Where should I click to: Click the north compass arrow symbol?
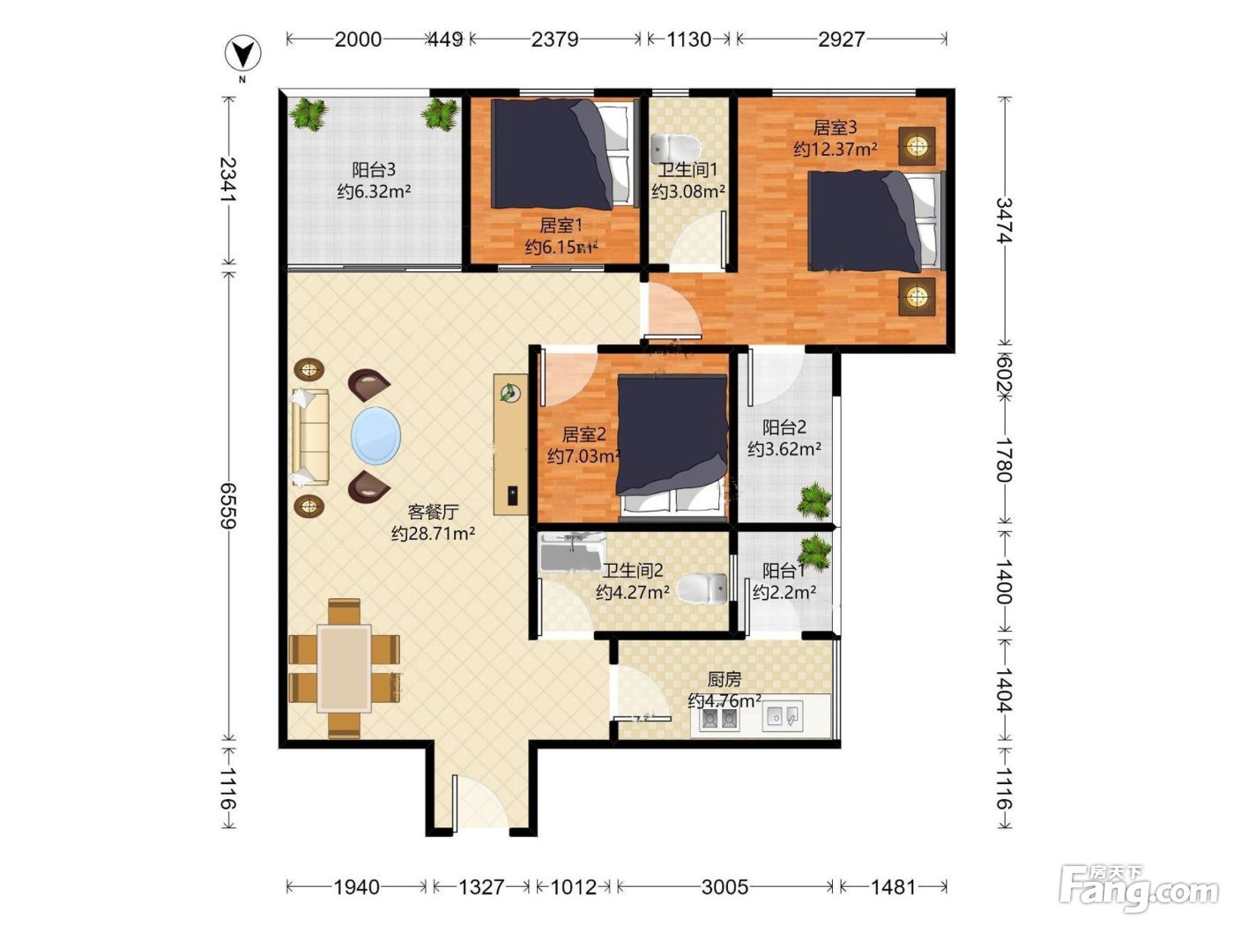click(243, 54)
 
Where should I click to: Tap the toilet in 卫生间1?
click(675, 148)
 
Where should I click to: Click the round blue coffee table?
click(376, 436)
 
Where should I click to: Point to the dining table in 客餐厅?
click(344, 669)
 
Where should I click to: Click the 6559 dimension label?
click(227, 506)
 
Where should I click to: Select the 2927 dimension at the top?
click(841, 40)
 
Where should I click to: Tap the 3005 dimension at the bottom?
click(725, 887)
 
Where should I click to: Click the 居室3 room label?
click(835, 128)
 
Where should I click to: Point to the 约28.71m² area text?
click(433, 533)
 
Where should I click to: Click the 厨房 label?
click(725, 679)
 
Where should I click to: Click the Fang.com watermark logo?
click(1139, 887)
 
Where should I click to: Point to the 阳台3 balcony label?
click(374, 169)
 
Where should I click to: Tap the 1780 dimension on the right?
click(1005, 460)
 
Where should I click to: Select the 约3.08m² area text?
click(688, 191)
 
